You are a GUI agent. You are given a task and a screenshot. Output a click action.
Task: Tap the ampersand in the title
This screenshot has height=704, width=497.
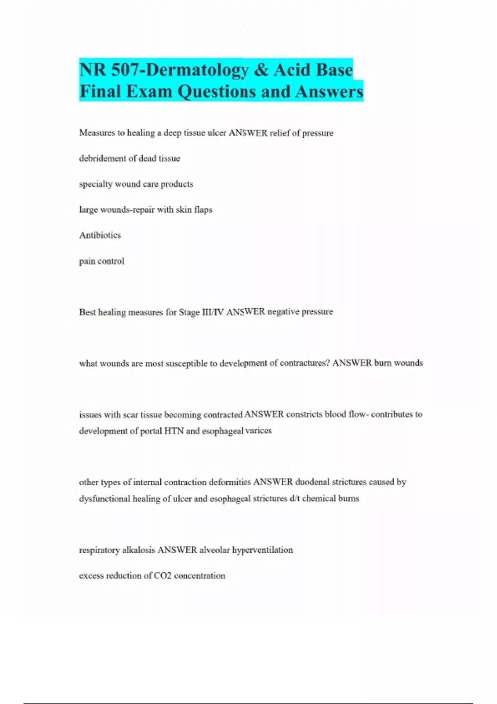click(261, 70)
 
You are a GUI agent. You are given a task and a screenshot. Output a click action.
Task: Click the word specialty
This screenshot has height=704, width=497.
click(96, 184)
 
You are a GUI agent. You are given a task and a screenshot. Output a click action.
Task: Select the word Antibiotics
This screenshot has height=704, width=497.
click(100, 235)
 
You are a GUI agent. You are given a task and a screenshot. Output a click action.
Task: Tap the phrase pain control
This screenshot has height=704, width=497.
click(101, 261)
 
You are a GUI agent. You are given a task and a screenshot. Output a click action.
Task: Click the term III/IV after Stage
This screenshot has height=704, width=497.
click(213, 312)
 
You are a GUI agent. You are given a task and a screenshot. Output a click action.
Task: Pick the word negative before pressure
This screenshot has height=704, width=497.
click(283, 311)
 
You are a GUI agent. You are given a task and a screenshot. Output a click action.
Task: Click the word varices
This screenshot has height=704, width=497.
click(258, 431)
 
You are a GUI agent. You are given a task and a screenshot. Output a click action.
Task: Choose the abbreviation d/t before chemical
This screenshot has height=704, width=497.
click(294, 499)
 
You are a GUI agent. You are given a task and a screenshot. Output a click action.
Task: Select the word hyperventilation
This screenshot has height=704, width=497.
click(262, 550)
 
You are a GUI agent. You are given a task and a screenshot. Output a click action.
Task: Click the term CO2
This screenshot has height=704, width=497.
click(162, 576)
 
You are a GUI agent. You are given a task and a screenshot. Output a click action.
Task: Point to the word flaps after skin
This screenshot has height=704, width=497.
click(203, 210)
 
